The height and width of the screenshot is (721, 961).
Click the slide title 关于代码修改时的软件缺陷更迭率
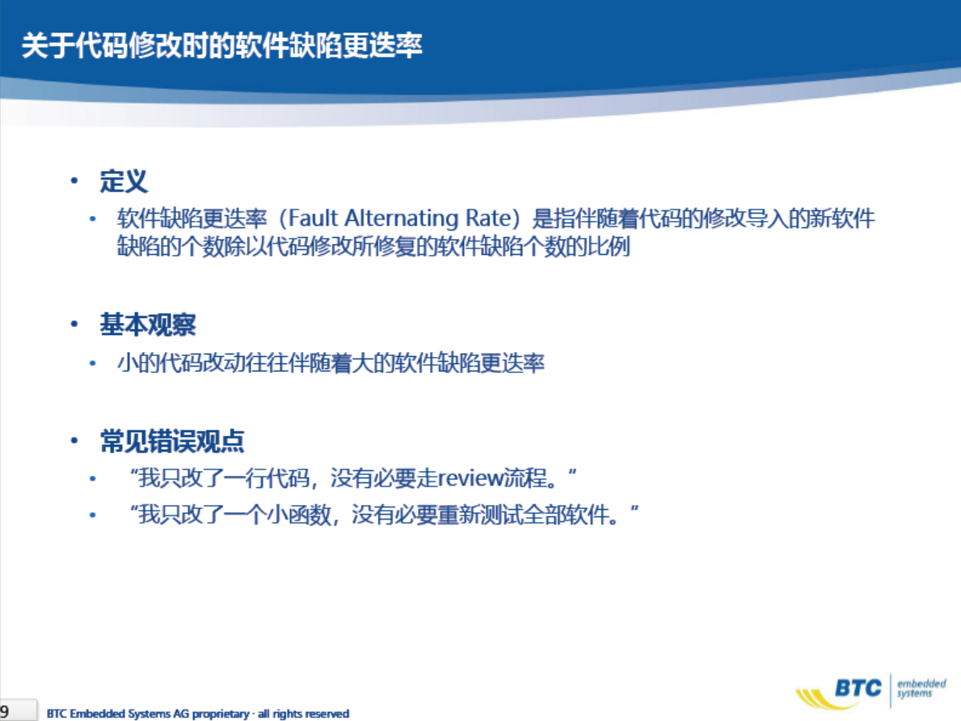click(x=222, y=45)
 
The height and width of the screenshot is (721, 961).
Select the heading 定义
click(x=124, y=181)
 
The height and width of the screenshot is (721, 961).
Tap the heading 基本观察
click(x=148, y=324)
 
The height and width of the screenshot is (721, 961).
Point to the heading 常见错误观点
click(x=172, y=441)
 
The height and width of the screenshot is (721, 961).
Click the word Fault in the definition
click(x=313, y=218)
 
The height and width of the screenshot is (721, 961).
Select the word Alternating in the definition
click(x=402, y=218)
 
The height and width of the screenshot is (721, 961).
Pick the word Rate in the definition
click(x=488, y=218)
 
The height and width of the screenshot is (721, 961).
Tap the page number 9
click(x=5, y=710)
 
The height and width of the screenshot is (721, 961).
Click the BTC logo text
click(x=858, y=688)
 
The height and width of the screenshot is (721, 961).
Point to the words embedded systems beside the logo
click(x=921, y=688)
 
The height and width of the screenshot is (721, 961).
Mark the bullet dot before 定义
click(x=74, y=180)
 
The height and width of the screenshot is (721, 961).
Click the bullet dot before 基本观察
click(x=74, y=324)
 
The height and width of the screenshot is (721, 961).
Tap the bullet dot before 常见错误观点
click(x=74, y=440)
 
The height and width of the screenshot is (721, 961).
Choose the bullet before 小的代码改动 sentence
click(x=93, y=363)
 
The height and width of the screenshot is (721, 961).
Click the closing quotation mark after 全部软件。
click(x=634, y=508)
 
